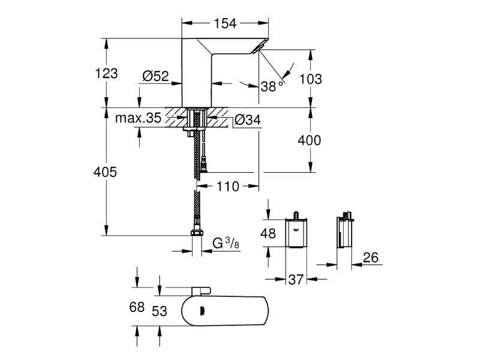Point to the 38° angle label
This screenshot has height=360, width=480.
click(271, 86)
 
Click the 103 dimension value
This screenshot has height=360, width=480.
click(311, 79)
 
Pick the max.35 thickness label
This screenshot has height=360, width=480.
click(138, 118)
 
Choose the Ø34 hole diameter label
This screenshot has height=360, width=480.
click(247, 120)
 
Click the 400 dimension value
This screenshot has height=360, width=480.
click(310, 141)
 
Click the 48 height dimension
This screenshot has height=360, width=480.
click(269, 233)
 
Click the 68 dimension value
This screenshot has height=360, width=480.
click(137, 307)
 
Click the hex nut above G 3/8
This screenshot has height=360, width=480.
click(196, 235)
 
